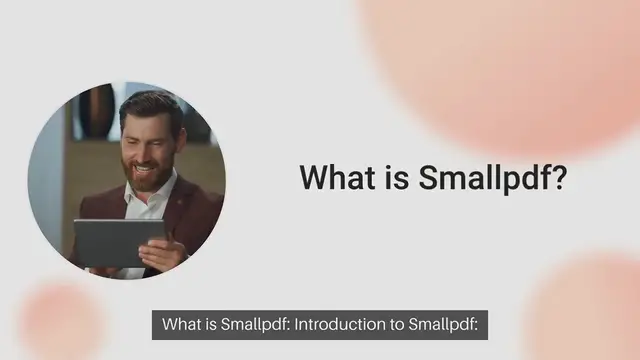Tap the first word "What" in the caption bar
180,325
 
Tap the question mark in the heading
561,178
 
